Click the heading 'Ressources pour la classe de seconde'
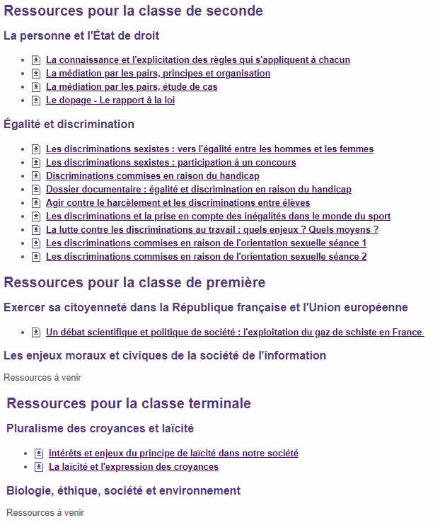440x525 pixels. coord(133,11)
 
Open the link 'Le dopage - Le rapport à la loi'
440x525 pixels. coord(110,100)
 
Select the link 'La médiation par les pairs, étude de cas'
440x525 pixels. coord(132,87)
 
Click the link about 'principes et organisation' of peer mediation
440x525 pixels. coord(158,74)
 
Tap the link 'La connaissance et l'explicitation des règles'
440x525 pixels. coord(197,60)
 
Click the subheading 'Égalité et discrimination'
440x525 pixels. coord(69,125)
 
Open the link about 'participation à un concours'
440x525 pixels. coord(170,163)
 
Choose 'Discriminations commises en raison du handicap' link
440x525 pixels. coord(152,176)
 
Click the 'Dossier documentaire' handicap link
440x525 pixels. coord(198,190)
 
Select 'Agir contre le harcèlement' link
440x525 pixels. coord(178,203)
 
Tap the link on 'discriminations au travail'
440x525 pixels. coord(212,230)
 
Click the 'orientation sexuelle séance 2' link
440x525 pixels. coord(206,257)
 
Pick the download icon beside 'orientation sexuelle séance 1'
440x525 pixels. coord(36,243)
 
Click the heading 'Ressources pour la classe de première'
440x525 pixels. coord(134,283)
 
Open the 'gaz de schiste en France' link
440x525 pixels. coord(234,333)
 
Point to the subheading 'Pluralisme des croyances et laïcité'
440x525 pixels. coord(100,428)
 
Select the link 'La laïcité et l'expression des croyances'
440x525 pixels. coord(133,467)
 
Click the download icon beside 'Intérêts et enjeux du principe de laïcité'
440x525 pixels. coord(39,454)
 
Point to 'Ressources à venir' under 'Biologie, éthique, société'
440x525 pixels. coord(45,512)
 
